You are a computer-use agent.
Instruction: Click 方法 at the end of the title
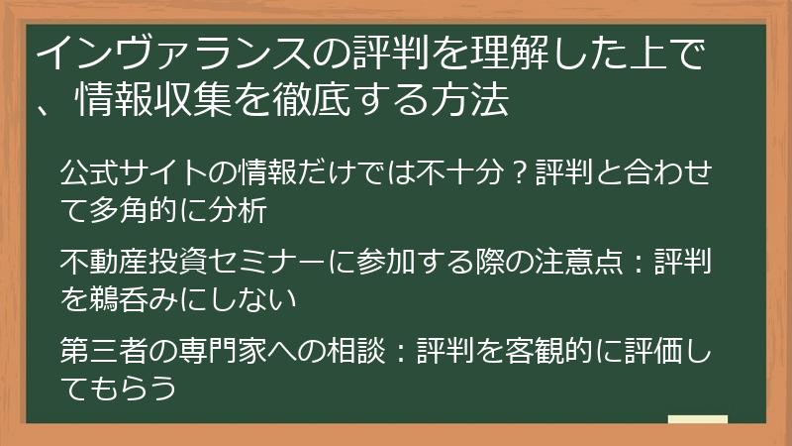click(x=484, y=102)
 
